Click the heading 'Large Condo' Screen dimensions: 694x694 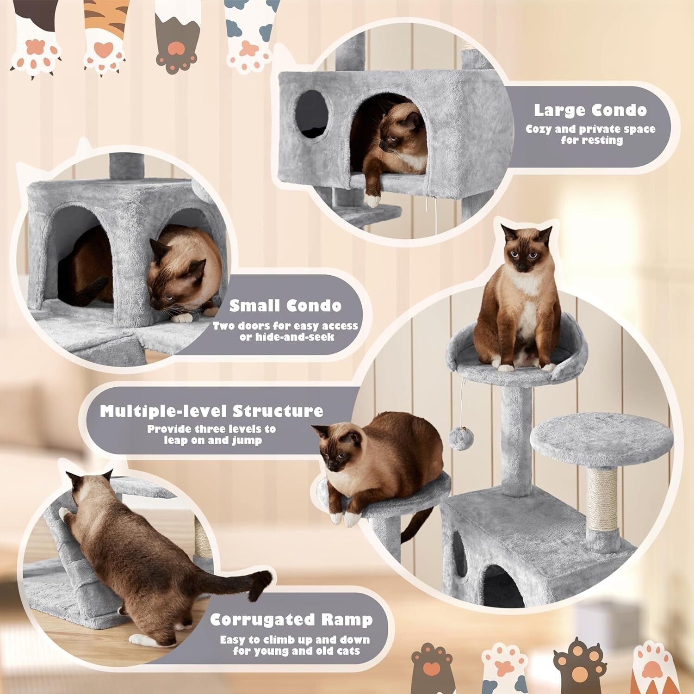(x=590, y=110)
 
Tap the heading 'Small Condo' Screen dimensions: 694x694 (x=285, y=306)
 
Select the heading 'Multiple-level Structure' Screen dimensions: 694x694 (x=211, y=411)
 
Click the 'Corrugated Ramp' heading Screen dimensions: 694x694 (x=291, y=620)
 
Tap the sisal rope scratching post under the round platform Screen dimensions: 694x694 (x=601, y=500)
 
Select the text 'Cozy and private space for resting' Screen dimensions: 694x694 (x=591, y=134)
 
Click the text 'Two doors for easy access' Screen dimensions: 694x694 (x=285, y=326)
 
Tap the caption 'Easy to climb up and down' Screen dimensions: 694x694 (x=295, y=640)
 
